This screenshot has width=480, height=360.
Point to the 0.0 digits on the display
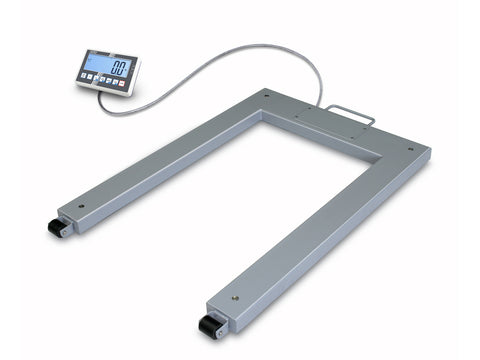coord(119,68)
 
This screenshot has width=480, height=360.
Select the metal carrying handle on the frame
coord(352,115)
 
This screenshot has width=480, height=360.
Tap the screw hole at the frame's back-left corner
coord(267,95)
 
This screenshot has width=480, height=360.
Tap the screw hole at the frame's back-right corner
coord(410,150)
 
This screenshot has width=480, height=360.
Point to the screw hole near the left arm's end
coord(82,208)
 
